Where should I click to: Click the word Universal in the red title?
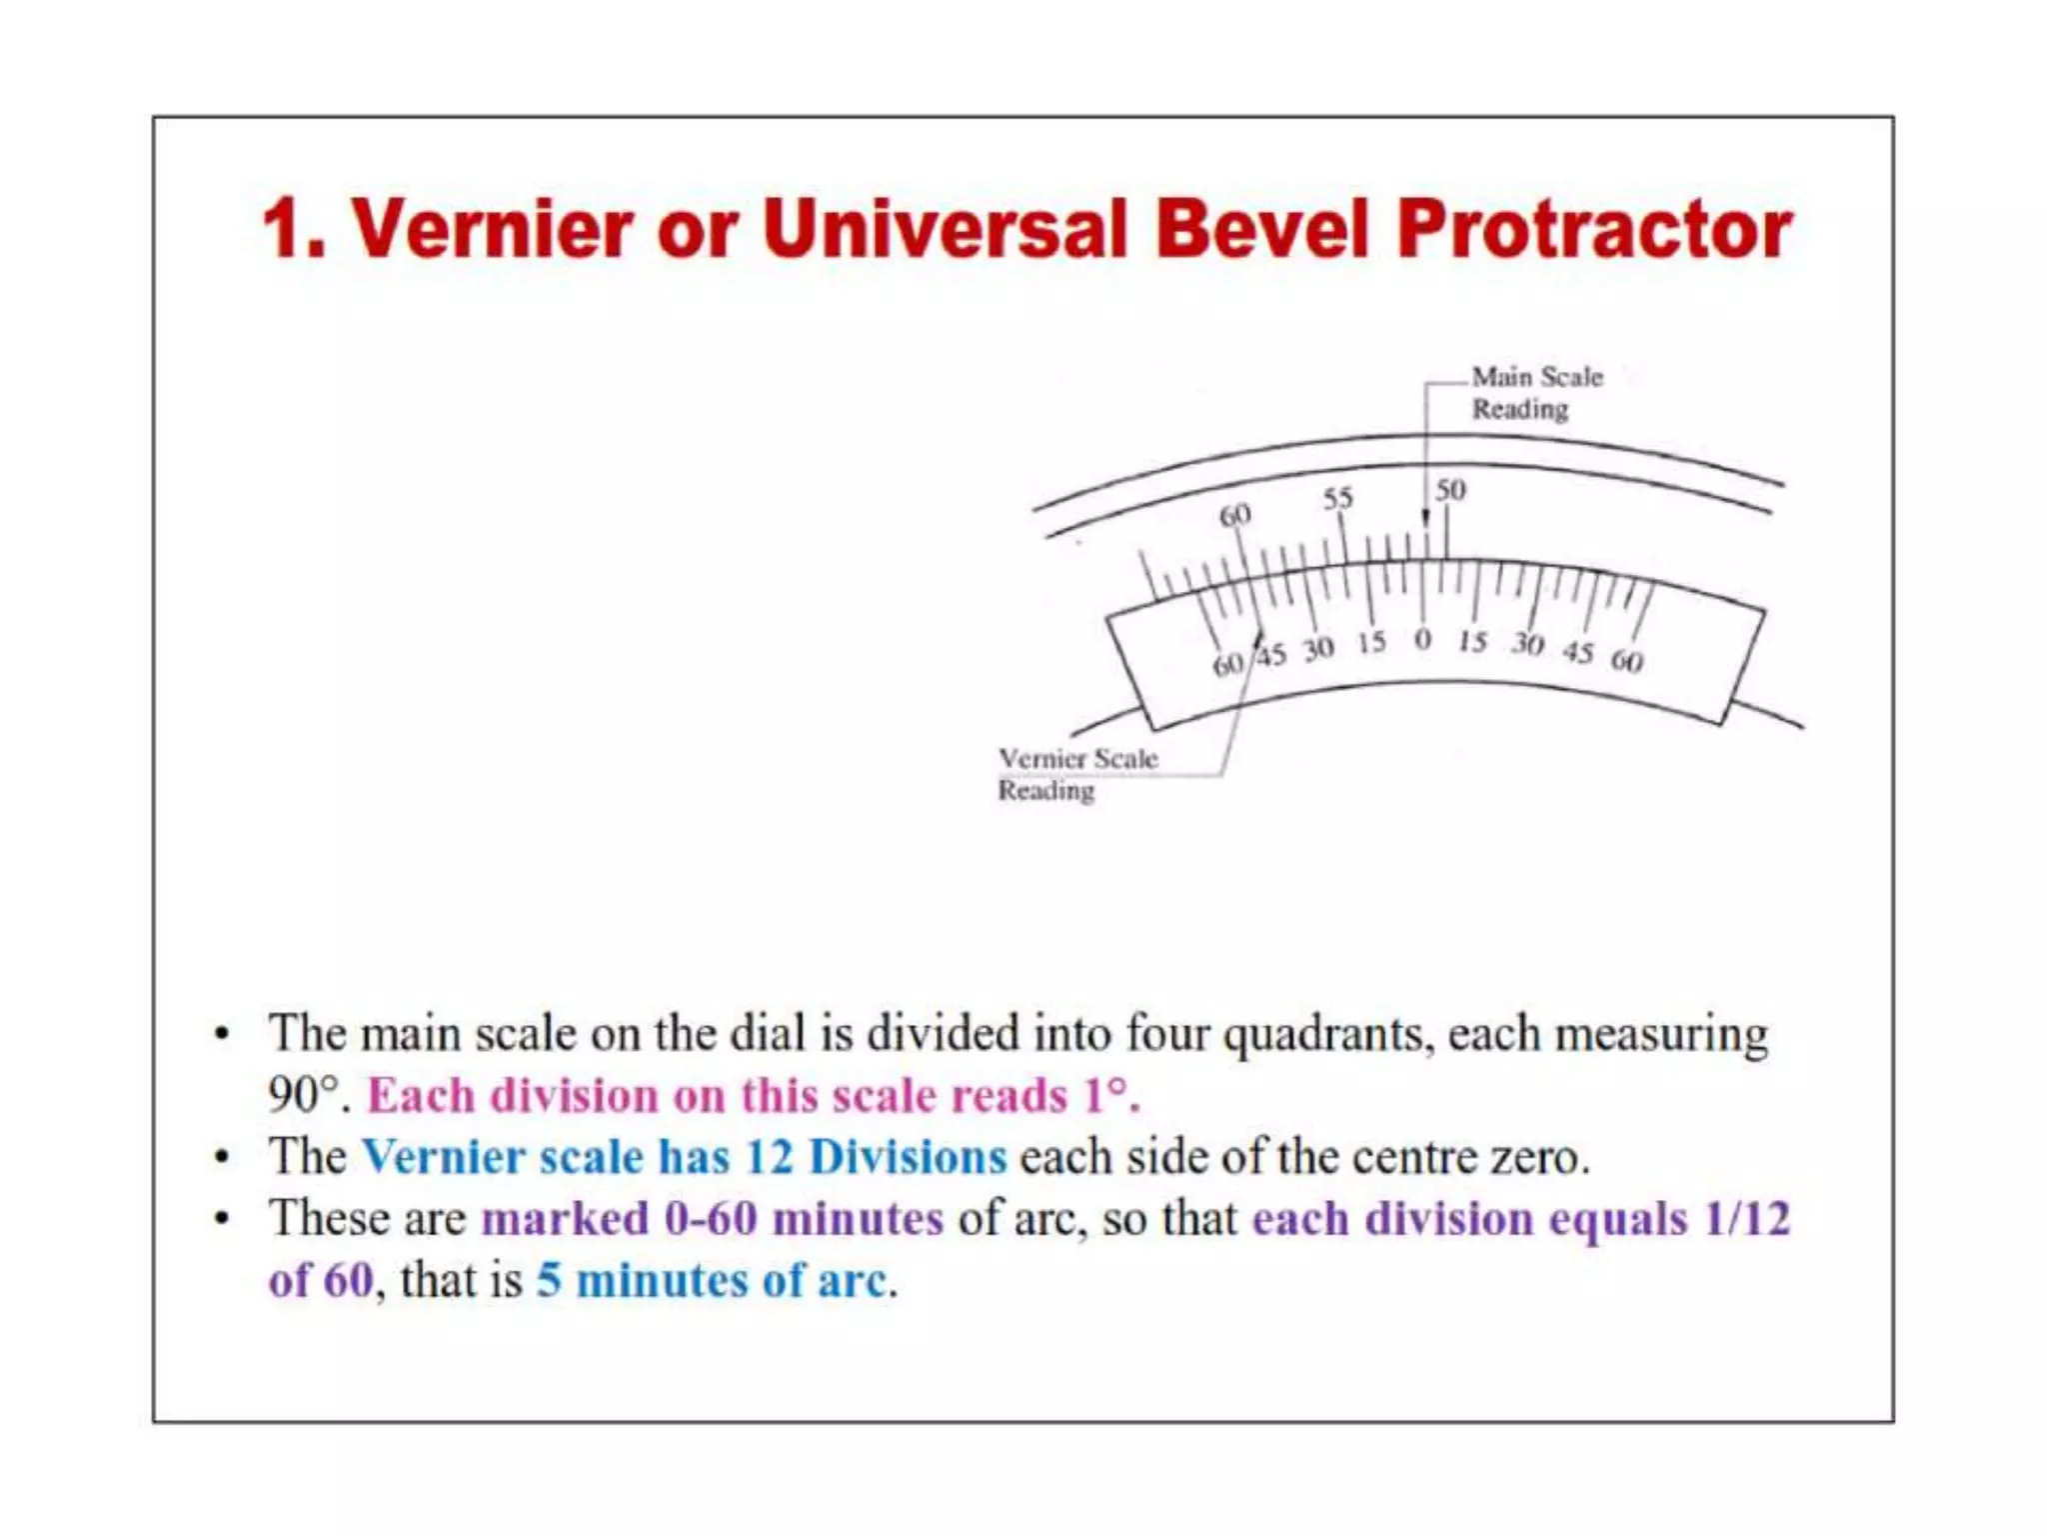point(945,229)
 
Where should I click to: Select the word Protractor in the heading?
point(1594,229)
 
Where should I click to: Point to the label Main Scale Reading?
point(1535,393)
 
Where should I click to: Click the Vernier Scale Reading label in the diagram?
point(1076,774)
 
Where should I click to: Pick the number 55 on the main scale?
point(1337,498)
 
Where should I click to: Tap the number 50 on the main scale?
point(1450,490)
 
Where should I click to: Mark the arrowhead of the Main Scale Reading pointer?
point(1425,518)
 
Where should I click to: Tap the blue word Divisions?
point(908,1157)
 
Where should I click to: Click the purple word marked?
point(565,1219)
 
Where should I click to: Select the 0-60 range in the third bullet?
point(711,1219)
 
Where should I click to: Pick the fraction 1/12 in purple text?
point(1747,1219)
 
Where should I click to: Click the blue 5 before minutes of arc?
point(549,1281)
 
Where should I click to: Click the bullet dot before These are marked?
point(222,1219)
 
